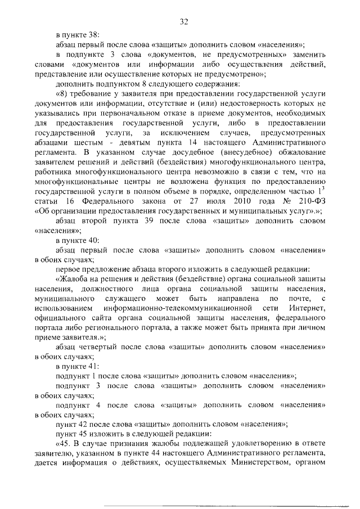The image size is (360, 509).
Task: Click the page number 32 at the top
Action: point(183,22)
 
